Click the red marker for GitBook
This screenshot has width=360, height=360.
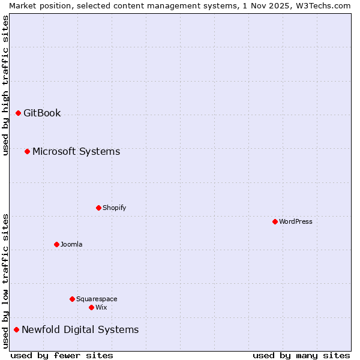tap(18, 113)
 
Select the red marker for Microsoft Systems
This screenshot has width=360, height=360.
tap(27, 151)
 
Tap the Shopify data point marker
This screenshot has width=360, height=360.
tap(98, 208)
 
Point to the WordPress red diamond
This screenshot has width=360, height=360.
tap(275, 221)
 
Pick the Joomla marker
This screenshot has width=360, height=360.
tap(56, 244)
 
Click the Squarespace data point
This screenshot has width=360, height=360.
tap(72, 299)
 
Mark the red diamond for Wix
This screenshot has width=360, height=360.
tap(91, 307)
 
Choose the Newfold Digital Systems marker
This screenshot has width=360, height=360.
tap(16, 329)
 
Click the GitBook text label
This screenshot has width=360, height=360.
tap(42, 113)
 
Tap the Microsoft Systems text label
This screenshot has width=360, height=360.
tap(76, 151)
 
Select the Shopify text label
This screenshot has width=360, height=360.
tap(114, 208)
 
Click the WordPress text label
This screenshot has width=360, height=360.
tap(296, 221)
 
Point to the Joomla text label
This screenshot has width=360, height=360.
tap(71, 244)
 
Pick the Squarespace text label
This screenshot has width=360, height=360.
tap(97, 299)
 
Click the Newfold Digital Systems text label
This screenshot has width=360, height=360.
tap(80, 329)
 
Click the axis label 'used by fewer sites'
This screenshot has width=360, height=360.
tap(62, 355)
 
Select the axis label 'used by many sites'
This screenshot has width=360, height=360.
tap(301, 355)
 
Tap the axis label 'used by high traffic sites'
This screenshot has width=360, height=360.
tap(5, 85)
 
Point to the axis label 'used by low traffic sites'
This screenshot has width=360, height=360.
tap(5, 281)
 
